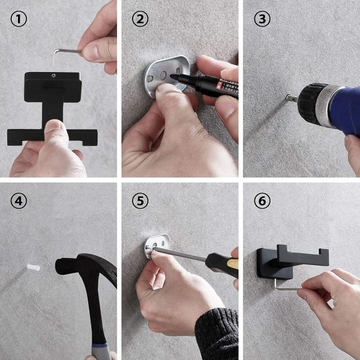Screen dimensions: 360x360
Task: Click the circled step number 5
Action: [x=140, y=201]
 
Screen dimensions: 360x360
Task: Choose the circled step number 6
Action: [x=262, y=201]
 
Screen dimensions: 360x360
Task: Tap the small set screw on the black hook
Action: [x=52, y=76]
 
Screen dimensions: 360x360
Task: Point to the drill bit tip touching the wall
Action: [x=281, y=97]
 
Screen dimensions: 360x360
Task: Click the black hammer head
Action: [x=78, y=264]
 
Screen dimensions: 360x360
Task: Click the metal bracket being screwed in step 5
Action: [x=157, y=245]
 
